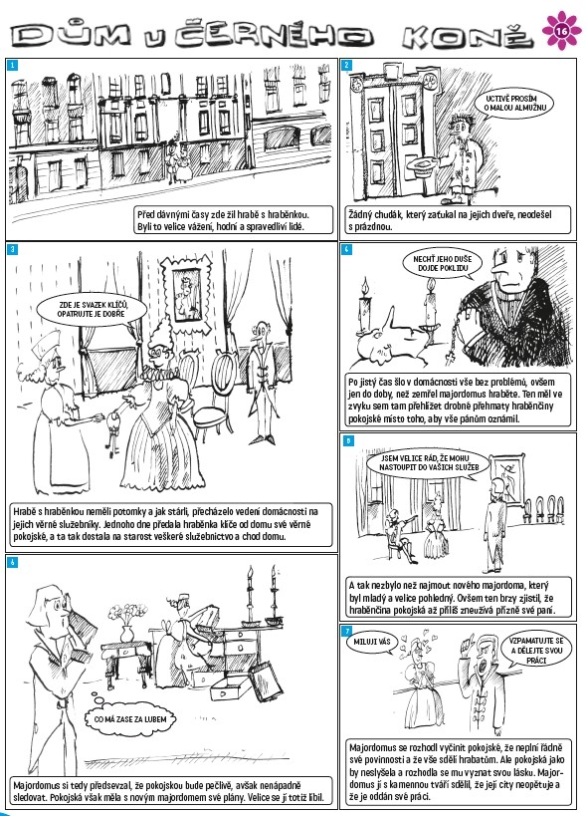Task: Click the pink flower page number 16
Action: [x=561, y=31]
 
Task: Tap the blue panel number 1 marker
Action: [x=13, y=65]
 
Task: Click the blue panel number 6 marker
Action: [x=13, y=562]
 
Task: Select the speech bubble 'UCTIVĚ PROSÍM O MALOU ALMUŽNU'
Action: [x=511, y=104]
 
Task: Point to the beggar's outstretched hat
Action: [x=424, y=165]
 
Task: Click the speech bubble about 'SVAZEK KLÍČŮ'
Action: [x=92, y=310]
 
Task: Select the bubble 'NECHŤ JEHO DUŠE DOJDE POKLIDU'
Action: [x=443, y=263]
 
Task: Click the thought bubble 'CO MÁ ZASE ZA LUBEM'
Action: [x=130, y=719]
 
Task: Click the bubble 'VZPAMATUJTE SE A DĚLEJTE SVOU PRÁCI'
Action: [x=536, y=651]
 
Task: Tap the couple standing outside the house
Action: [x=179, y=161]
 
